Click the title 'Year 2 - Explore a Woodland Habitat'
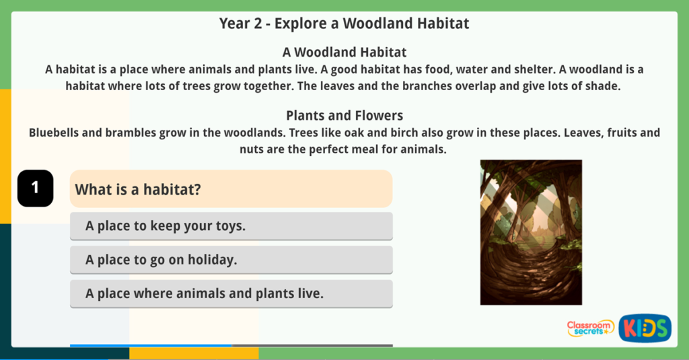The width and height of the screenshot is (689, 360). [x=344, y=24]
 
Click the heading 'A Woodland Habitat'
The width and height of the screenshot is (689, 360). [x=344, y=52]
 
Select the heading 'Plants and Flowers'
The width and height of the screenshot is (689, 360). [x=344, y=115]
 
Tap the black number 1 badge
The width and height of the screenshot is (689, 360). [x=35, y=188]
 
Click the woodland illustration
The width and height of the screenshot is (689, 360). [x=531, y=232]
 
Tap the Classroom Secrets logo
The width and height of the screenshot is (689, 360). [x=590, y=328]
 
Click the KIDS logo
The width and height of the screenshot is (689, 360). [x=645, y=328]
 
